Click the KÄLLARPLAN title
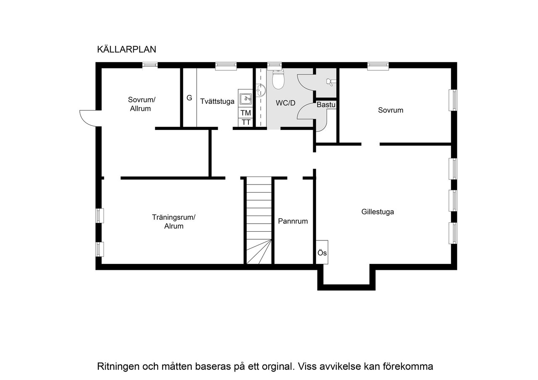click(x=127, y=50)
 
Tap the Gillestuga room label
click(x=377, y=212)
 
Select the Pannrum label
click(x=293, y=221)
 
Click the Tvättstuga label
click(x=217, y=101)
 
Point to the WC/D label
click(x=286, y=103)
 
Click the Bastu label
click(x=326, y=105)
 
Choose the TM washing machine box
click(x=246, y=113)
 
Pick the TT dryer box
click(x=246, y=122)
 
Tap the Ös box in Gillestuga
click(x=322, y=253)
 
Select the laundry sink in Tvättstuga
click(x=245, y=99)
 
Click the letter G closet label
click(x=189, y=98)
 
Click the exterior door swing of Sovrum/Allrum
click(x=89, y=118)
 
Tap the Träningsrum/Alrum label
click(x=174, y=222)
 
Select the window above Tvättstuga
click(x=226, y=65)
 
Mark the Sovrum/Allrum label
click(x=142, y=104)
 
